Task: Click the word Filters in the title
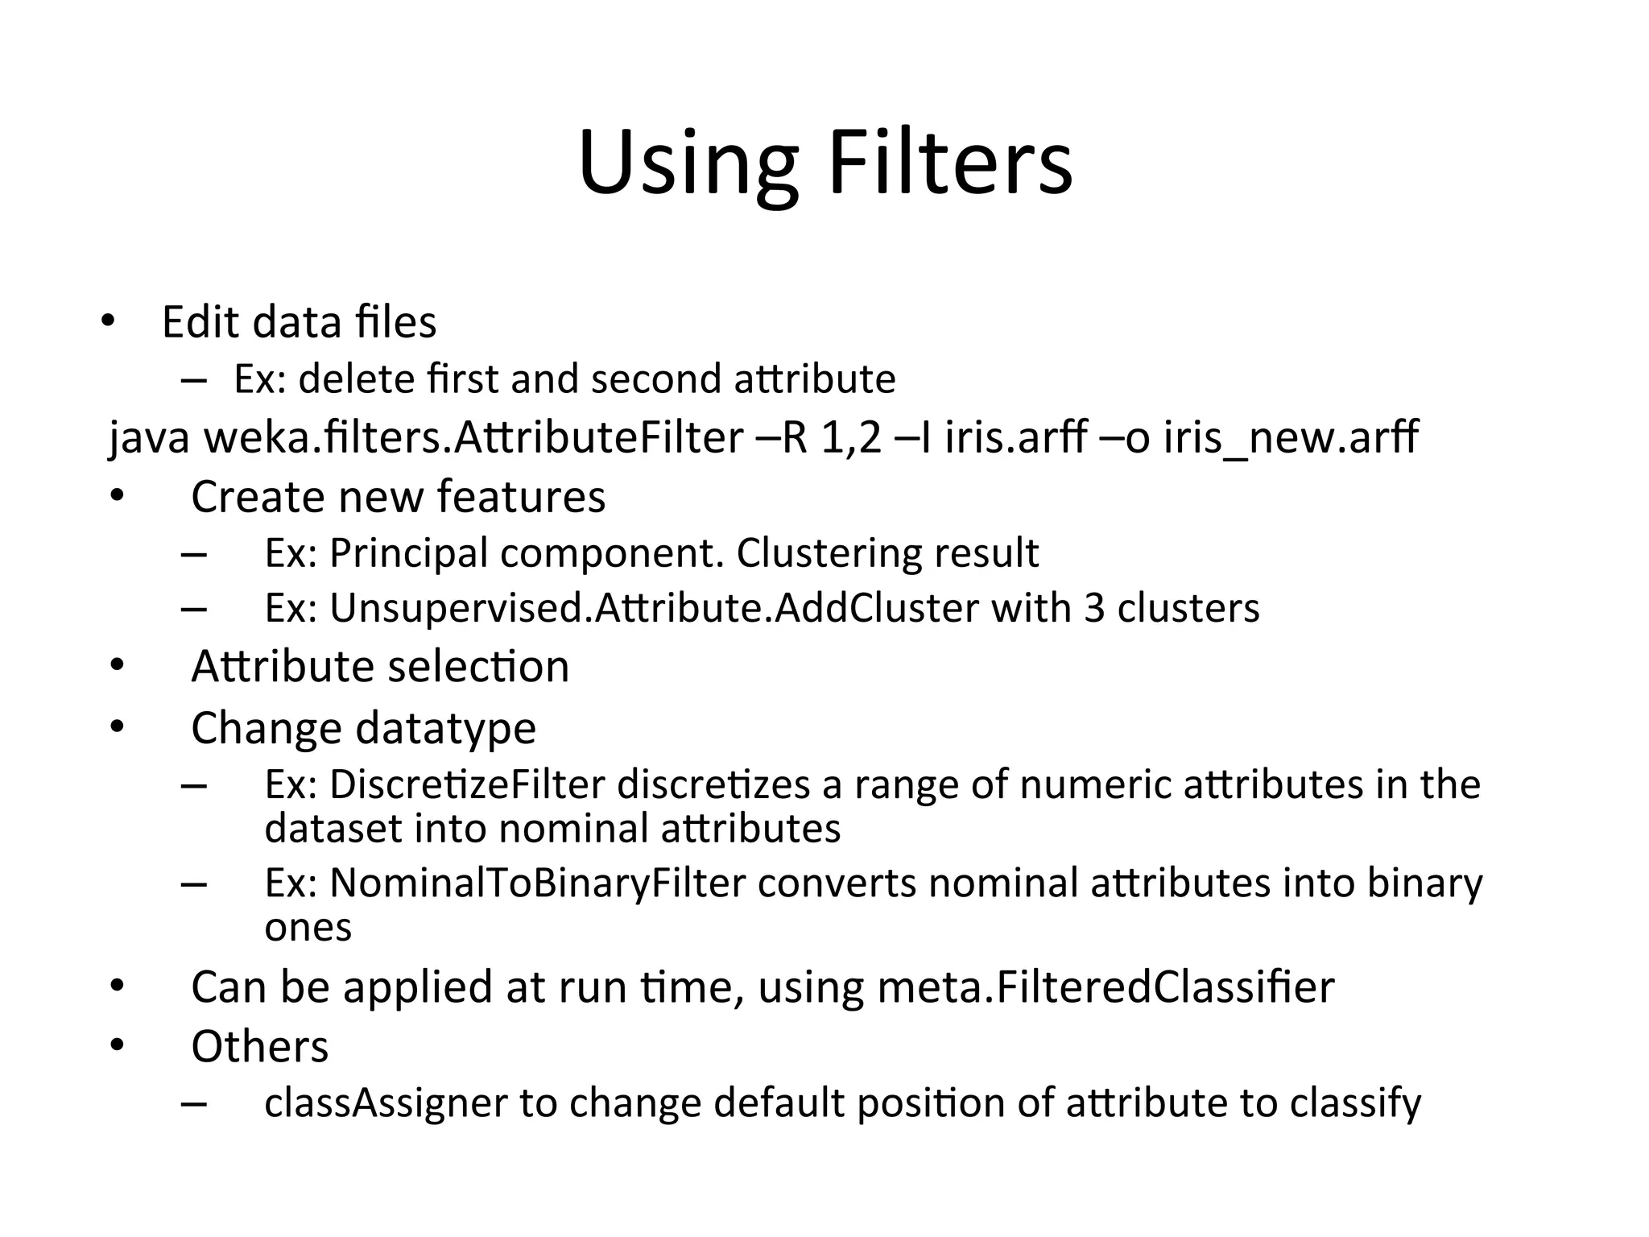pos(950,163)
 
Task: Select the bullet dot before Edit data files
pos(108,322)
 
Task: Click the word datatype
pos(445,729)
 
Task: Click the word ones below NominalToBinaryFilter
pos(308,928)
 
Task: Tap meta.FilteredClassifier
pos(1106,987)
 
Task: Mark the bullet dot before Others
pos(118,1046)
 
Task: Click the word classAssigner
pos(386,1103)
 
